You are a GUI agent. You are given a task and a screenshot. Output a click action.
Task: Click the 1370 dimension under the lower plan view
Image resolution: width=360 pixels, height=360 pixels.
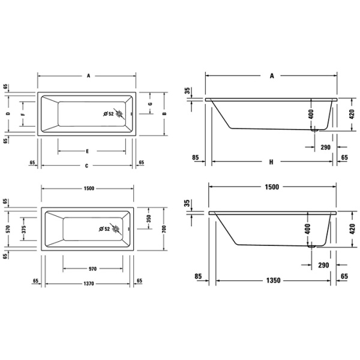(x=88, y=284)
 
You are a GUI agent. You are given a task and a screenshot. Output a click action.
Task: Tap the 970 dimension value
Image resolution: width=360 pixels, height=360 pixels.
(x=92, y=269)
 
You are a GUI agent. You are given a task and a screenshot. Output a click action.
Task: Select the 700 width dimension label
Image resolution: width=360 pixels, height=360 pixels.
(x=164, y=229)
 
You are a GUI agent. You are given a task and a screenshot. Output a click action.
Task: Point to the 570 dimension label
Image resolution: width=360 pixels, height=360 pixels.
(x=8, y=229)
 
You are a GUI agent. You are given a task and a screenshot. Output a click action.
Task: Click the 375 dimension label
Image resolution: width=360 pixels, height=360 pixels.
(x=24, y=229)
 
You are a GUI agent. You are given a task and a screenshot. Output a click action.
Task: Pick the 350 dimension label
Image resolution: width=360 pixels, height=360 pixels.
(x=149, y=218)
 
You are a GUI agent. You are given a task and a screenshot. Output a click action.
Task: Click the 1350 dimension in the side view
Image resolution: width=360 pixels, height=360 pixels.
(x=273, y=280)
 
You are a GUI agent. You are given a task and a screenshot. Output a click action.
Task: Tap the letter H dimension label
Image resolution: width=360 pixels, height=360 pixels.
(x=271, y=162)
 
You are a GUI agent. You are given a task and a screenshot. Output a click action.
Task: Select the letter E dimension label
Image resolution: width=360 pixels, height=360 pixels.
(x=87, y=151)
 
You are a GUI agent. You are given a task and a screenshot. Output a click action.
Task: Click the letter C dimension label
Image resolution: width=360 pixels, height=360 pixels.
(x=86, y=166)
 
